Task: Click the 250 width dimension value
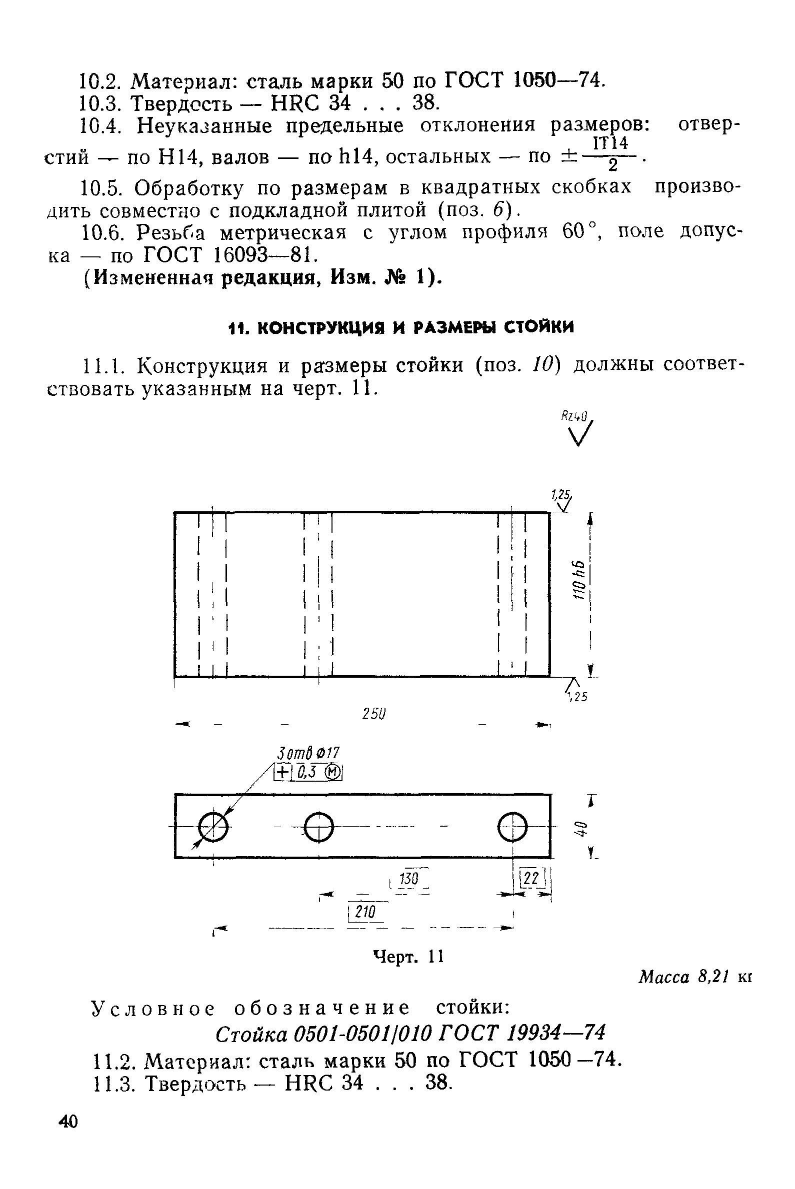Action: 374,714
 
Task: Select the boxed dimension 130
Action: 408,878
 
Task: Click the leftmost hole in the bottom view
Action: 213,827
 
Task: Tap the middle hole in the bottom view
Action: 318,827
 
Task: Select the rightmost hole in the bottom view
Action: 512,827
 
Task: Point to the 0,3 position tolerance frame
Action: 308,772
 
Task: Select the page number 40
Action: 68,1122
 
